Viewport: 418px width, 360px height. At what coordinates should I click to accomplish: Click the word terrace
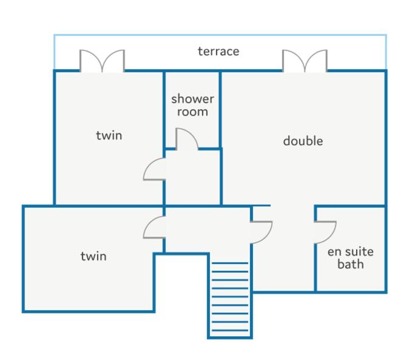coord(218,52)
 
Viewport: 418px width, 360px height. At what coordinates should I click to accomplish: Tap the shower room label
coord(192,106)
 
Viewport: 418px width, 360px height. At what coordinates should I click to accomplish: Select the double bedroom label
coord(303,141)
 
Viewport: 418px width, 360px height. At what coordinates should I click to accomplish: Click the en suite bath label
coord(351,258)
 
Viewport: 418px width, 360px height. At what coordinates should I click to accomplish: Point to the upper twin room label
coord(109,135)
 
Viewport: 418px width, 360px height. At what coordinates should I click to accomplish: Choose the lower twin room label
coord(93,256)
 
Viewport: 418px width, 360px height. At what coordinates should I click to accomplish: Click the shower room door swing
coord(187,138)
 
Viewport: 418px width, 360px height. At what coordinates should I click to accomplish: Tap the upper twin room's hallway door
coord(154,169)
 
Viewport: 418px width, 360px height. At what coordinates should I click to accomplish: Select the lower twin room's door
coord(154,227)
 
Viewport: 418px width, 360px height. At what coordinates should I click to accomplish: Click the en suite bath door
coord(325,232)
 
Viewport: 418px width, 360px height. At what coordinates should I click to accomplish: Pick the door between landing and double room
coord(261,232)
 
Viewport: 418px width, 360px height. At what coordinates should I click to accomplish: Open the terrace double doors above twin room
coord(102,61)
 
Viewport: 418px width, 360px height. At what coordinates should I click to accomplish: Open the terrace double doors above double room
coord(305,61)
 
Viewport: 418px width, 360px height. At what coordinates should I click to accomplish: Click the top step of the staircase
coord(230,263)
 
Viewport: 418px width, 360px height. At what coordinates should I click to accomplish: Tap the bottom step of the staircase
coord(230,330)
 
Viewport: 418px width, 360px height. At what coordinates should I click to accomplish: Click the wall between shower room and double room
coord(220,109)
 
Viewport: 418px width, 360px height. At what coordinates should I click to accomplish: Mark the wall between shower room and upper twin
coord(164,109)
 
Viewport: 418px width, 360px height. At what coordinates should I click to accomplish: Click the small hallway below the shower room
coord(193,177)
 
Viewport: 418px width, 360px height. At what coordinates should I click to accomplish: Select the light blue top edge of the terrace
coord(220,35)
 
